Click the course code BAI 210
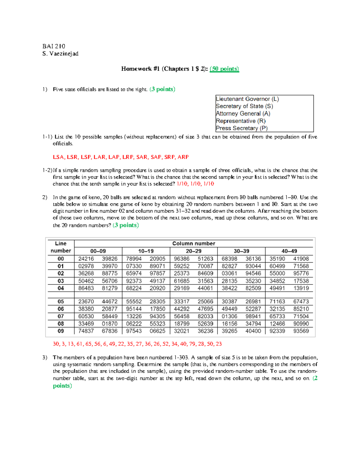pos(54,46)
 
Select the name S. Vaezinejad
pos(60,54)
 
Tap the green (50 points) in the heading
pos(224,69)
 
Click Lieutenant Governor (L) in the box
pos(247,99)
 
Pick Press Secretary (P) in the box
pos(241,128)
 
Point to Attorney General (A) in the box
pos(243,114)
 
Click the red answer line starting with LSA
pos(121,157)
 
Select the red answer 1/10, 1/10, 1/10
pos(195,184)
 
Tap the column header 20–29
pos(193,251)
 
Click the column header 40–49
pos(289,251)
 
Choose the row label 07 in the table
pos(61,316)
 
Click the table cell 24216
pos(86,259)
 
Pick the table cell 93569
pos(301,331)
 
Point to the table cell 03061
pos(229,273)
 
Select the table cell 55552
pos(134,302)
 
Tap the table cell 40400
pos(253,331)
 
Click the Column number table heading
pos(193,244)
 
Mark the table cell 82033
pos(205,316)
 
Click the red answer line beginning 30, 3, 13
pos(137,344)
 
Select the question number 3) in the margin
pos(45,357)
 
